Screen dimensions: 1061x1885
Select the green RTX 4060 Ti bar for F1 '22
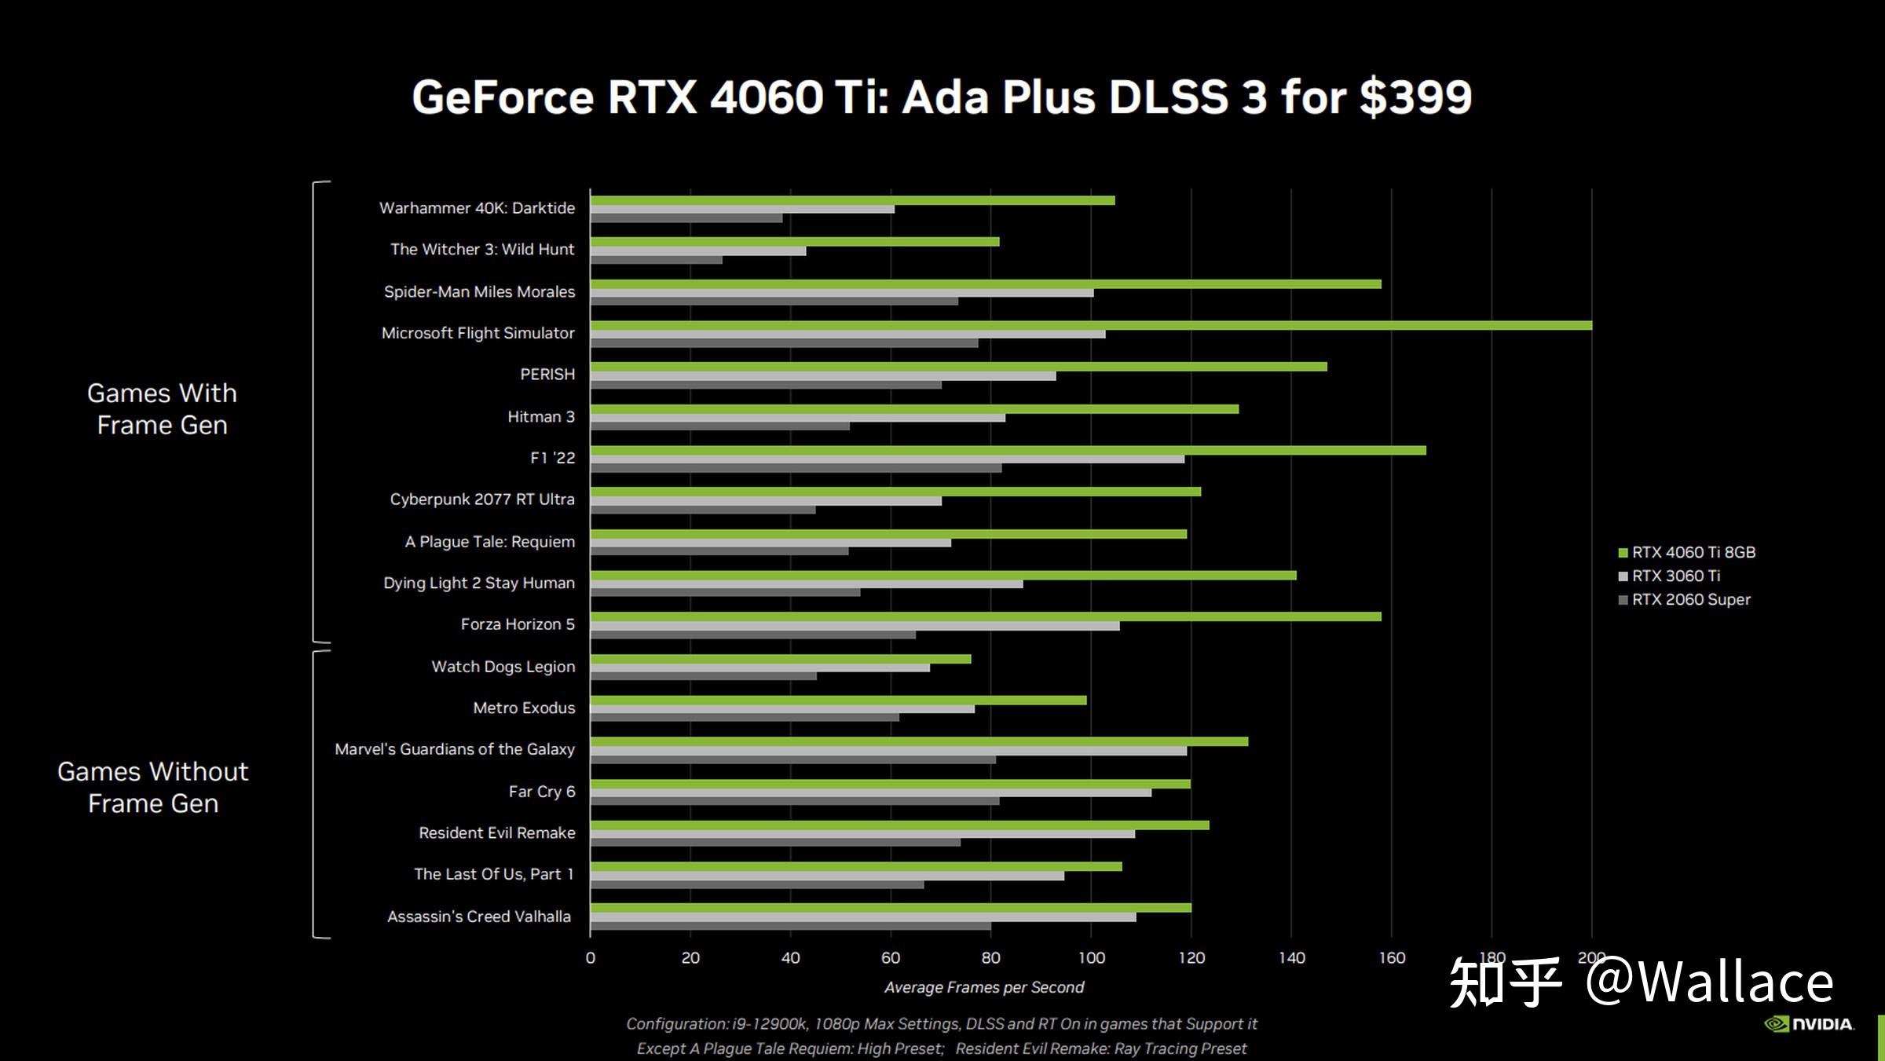pyautogui.click(x=1008, y=450)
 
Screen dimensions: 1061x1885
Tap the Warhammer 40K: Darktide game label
pyautogui.click(x=477, y=208)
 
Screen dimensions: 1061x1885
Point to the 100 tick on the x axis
pyautogui.click(x=1091, y=957)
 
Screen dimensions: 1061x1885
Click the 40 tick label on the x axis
pyautogui.click(x=790, y=957)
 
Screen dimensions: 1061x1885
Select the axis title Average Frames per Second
pyautogui.click(x=983, y=987)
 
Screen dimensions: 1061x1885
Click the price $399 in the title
pyautogui.click(x=1415, y=97)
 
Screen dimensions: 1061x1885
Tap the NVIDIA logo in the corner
pyautogui.click(x=1809, y=1024)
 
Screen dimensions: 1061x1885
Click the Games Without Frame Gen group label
pyautogui.click(x=153, y=787)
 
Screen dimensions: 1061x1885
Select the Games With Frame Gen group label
pyautogui.click(x=162, y=408)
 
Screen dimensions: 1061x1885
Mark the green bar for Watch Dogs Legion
pyautogui.click(x=780, y=659)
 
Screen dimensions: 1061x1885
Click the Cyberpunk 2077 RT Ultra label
pyautogui.click(x=481, y=499)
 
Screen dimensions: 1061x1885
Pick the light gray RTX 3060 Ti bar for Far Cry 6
pyautogui.click(x=870, y=792)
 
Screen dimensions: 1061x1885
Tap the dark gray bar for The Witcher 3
pyautogui.click(x=656, y=260)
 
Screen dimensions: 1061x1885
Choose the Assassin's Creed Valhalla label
pyautogui.click(x=478, y=916)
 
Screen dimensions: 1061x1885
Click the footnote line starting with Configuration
pyautogui.click(x=941, y=1023)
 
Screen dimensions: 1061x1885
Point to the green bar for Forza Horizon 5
pyautogui.click(x=985, y=616)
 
